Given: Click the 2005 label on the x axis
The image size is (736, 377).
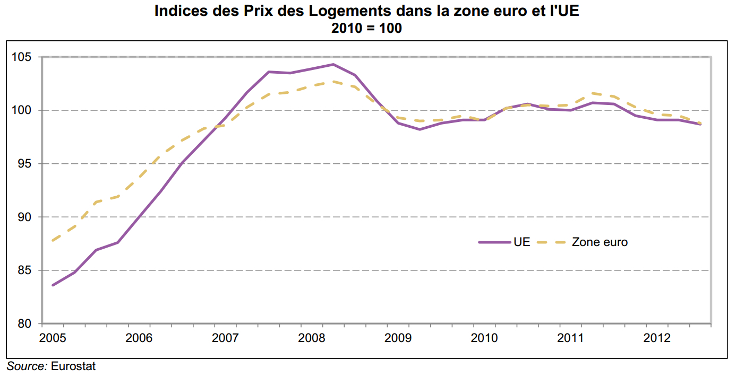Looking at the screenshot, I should point(53,338).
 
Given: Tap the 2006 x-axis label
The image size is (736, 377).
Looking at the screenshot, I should point(139,338).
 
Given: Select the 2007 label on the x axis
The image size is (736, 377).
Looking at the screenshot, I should point(225,338).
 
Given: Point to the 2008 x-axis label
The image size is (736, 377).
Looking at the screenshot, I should point(311,338).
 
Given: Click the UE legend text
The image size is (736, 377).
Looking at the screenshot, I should point(521,242).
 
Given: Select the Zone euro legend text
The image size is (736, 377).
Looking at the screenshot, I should point(600,242).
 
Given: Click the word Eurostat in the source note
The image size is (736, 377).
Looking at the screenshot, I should point(73,366).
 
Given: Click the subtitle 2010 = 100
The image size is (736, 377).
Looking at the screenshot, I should point(366,29).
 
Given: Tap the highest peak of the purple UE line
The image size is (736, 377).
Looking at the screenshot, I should point(333,64).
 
